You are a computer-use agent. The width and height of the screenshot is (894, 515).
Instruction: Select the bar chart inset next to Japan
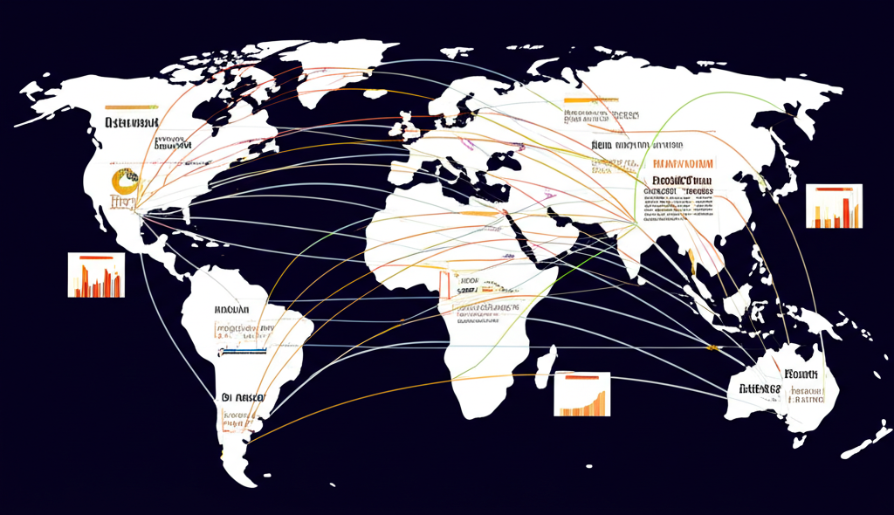tap(834, 206)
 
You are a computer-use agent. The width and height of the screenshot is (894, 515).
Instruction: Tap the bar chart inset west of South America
tap(96, 275)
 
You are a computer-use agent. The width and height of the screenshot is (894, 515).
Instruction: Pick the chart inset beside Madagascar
tap(582, 394)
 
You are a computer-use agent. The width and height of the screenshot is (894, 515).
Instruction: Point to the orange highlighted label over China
tap(683, 163)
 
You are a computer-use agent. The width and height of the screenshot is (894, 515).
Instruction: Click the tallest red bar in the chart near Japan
tap(847, 212)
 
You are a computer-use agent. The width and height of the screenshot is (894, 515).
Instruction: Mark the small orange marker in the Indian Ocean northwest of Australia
tap(713, 348)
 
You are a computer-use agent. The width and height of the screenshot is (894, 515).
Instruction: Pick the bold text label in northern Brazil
tap(231, 310)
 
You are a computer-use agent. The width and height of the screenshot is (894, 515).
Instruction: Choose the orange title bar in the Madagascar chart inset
tap(581, 378)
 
